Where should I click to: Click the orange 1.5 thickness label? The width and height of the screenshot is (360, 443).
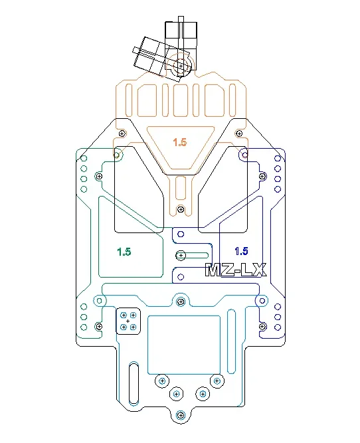coord(180,142)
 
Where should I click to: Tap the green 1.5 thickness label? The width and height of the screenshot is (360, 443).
coord(124,252)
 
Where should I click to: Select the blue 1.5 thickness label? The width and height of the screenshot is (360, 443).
coord(242,251)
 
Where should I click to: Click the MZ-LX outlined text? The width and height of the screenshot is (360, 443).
coord(236,270)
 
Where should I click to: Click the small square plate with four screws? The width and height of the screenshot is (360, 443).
coord(128,321)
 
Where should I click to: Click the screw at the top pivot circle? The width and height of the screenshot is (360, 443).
coord(181,66)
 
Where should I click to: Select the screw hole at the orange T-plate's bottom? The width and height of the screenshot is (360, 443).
coord(181,209)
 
